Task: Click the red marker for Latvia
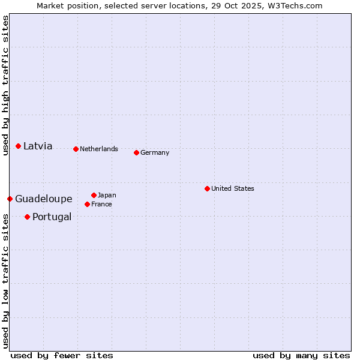[19, 146]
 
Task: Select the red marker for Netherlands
[76, 149]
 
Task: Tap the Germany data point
[136, 152]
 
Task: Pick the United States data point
[207, 188]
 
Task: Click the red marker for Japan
[94, 195]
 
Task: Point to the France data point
[87, 204]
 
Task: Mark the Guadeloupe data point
[10, 199]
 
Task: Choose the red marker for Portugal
[27, 217]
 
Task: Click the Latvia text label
[38, 146]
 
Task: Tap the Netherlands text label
[99, 149]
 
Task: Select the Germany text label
[155, 152]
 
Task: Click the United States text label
[233, 188]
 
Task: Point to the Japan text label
[107, 195]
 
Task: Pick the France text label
[101, 204]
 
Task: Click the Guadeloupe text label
[44, 199]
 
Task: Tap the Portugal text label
[52, 217]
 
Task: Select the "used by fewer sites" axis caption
[62, 355]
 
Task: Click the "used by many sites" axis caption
[301, 355]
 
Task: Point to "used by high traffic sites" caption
[5, 86]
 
